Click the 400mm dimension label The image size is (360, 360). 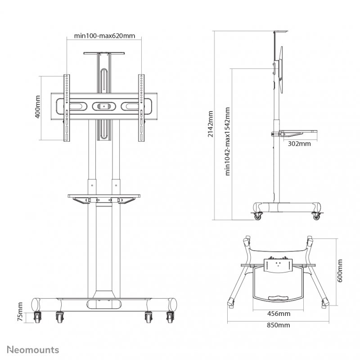[x=38, y=107]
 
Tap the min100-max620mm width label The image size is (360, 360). [x=104, y=36]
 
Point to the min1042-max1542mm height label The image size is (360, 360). [x=228, y=141]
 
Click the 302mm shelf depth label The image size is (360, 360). [x=299, y=144]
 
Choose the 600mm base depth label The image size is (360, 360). [x=341, y=271]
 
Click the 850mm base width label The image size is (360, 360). [x=278, y=325]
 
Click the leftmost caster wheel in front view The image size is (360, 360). [x=36, y=317]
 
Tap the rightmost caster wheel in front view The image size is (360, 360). [x=170, y=317]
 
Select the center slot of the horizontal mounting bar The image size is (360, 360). [x=104, y=107]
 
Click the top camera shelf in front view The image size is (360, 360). [x=104, y=54]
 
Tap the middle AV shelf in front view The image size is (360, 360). [x=104, y=196]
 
